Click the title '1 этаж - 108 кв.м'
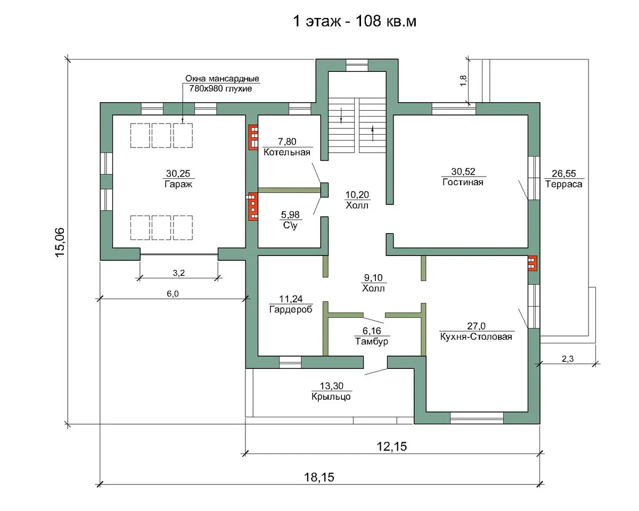(x=355, y=21)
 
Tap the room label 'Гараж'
(x=178, y=184)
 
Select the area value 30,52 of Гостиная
(x=463, y=171)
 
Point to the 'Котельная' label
(x=287, y=152)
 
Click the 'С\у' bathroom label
(x=290, y=225)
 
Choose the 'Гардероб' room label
(x=291, y=310)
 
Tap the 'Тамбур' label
(x=372, y=341)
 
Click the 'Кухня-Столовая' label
(x=476, y=337)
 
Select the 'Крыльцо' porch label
(x=331, y=397)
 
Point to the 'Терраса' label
(x=563, y=184)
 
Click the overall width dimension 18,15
(x=319, y=477)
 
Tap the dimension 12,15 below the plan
(x=392, y=447)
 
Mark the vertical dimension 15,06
(x=60, y=242)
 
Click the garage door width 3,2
(x=179, y=273)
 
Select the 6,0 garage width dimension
(x=173, y=294)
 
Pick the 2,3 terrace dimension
(x=568, y=359)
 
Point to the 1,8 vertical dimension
(x=463, y=80)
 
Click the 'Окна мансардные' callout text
(x=222, y=79)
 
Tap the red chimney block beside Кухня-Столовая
(x=532, y=263)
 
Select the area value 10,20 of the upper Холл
(x=357, y=195)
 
